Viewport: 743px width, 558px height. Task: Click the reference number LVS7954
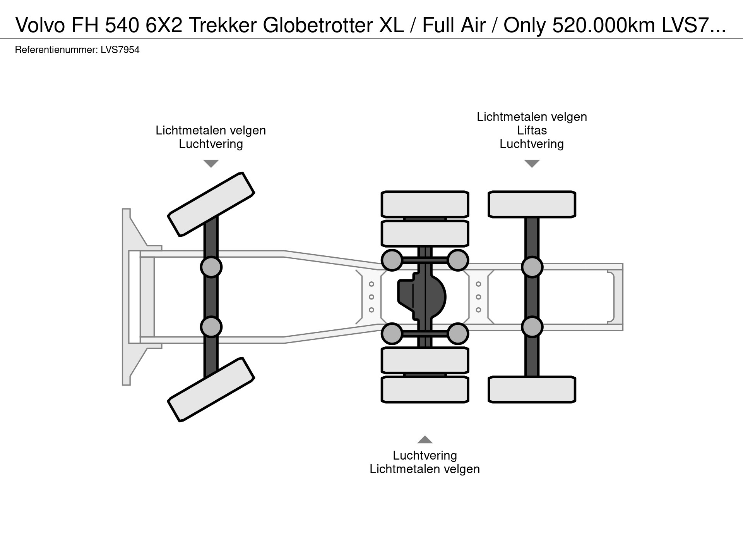[x=120, y=50]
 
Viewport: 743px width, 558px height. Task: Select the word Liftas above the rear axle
[x=532, y=130]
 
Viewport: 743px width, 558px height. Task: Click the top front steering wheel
[x=211, y=204]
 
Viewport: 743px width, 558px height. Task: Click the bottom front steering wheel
[x=211, y=389]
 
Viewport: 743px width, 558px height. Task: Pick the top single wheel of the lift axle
[x=532, y=204]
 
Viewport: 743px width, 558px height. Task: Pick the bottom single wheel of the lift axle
[x=532, y=389]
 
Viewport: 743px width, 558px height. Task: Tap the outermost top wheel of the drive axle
[x=425, y=204]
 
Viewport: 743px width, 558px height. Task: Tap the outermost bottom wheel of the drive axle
[x=425, y=389]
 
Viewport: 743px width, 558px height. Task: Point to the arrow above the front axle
[x=211, y=164]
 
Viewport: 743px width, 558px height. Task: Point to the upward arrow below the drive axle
[x=425, y=439]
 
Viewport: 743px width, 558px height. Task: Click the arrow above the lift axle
[x=532, y=164]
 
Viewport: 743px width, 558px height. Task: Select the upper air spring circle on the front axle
[x=211, y=267]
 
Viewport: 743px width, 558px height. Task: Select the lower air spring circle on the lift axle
[x=532, y=327]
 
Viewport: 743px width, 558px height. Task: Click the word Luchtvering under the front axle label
[x=211, y=144]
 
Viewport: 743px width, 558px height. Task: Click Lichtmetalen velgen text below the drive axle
[x=425, y=469]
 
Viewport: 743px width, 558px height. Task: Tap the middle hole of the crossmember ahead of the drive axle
[x=371, y=297]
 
